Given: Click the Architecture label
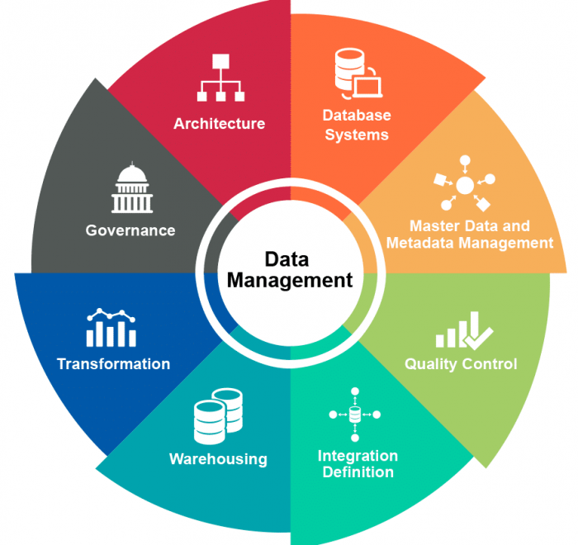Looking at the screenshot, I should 219,124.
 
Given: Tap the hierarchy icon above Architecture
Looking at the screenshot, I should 220,78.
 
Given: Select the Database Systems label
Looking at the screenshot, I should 357,125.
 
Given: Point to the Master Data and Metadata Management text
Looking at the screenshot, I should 469,235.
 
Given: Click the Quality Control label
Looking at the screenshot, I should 461,363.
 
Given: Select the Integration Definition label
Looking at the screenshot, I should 358,464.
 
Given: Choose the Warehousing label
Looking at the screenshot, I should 218,458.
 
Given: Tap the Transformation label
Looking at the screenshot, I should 113,363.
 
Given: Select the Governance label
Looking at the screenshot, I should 130,230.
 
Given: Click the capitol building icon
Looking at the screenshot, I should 131,187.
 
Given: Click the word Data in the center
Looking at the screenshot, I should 289,258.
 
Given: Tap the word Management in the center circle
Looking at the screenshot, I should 290,281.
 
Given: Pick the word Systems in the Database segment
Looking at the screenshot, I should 357,135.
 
